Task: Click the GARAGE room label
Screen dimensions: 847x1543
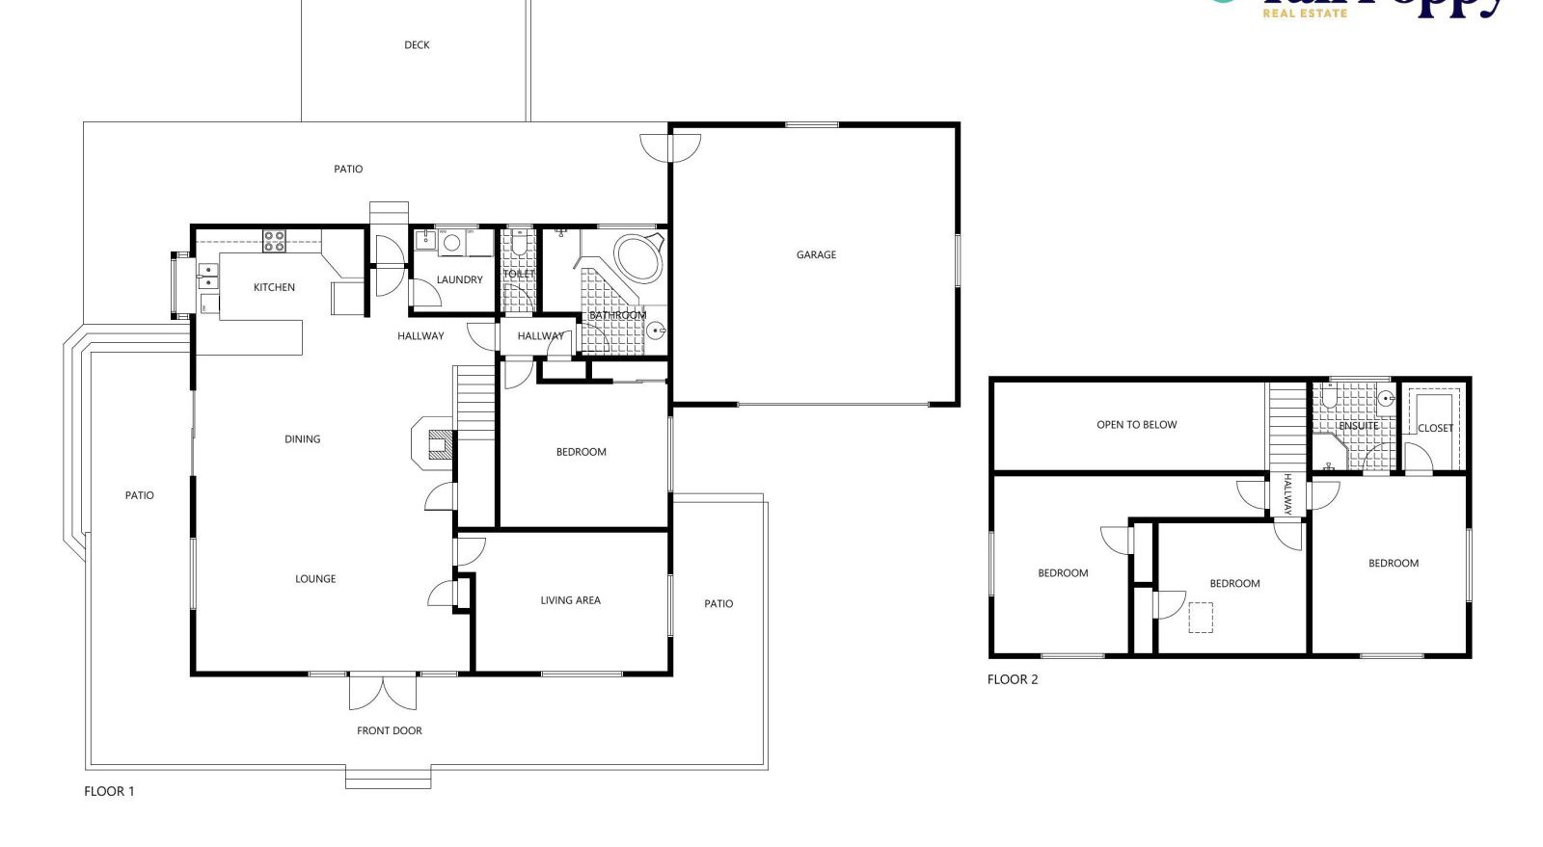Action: pos(816,255)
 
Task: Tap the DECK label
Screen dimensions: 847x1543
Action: pos(417,45)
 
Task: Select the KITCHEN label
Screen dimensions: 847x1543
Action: pos(274,287)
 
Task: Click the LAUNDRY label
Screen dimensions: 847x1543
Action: pos(459,280)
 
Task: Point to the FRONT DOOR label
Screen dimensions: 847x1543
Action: pos(390,731)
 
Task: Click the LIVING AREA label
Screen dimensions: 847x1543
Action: pos(570,600)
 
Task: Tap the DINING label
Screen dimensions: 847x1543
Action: pos(302,439)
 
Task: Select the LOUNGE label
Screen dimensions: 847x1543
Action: pos(315,579)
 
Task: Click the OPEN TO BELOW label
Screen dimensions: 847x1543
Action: pos(1136,425)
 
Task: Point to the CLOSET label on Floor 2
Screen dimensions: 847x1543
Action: pos(1435,429)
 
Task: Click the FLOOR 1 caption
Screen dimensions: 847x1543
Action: pos(109,792)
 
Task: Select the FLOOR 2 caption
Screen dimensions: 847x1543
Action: pos(1013,679)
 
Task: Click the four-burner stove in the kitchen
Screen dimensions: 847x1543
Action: pos(275,241)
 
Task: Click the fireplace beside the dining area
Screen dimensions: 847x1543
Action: pos(434,443)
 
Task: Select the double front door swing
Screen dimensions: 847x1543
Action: pos(383,692)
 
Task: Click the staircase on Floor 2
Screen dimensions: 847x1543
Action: pos(1286,425)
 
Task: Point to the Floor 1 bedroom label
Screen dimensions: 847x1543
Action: pos(582,452)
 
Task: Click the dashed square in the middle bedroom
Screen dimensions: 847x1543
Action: pos(1201,618)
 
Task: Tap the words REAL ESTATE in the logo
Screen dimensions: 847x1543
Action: pos(1305,13)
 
